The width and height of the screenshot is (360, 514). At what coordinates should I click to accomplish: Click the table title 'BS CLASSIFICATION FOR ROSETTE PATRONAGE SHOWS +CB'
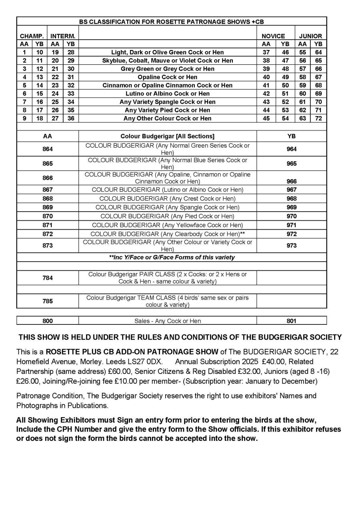pyautogui.click(x=171, y=22)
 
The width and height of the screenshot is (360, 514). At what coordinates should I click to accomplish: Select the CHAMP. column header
pyautogui.click(x=32, y=36)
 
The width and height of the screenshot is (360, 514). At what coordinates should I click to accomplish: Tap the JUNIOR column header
pyautogui.click(x=310, y=36)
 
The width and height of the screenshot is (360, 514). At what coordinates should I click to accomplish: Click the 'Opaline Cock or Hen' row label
pyautogui.click(x=167, y=77)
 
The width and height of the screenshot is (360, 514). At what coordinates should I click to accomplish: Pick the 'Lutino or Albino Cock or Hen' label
pyautogui.click(x=167, y=94)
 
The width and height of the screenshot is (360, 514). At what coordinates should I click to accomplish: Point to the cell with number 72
pyautogui.click(x=318, y=118)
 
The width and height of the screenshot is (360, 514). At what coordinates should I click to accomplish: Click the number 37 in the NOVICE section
pyautogui.click(x=266, y=52)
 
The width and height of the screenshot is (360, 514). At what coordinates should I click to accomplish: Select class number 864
pyautogui.click(x=48, y=149)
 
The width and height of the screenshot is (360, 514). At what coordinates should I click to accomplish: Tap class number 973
pyautogui.click(x=292, y=246)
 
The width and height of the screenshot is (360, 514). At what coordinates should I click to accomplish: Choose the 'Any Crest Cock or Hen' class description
pyautogui.click(x=167, y=198)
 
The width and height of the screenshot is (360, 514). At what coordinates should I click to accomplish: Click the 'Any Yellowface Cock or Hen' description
pyautogui.click(x=167, y=225)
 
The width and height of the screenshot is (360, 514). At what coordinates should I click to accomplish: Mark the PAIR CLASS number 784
pyautogui.click(x=48, y=278)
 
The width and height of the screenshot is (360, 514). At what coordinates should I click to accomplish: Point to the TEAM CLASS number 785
pyautogui.click(x=48, y=301)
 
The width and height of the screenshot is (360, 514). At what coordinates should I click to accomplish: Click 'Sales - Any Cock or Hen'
pyautogui.click(x=167, y=321)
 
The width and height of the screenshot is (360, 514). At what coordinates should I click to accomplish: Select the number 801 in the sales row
pyautogui.click(x=292, y=321)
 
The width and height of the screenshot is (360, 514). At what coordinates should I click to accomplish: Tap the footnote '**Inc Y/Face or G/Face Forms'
pyautogui.click(x=172, y=257)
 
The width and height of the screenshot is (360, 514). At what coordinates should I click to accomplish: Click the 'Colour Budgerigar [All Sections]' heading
pyautogui.click(x=167, y=136)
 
